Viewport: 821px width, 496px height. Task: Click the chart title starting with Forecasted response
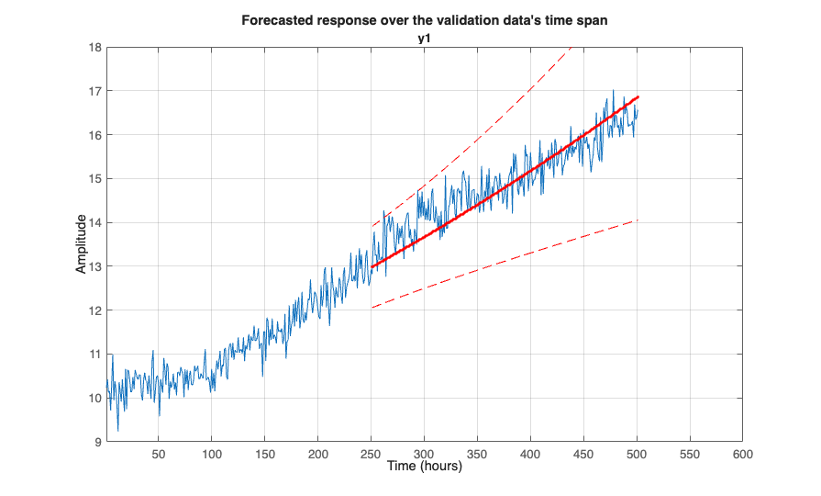[424, 20]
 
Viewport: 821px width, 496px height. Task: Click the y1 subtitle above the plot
[424, 37]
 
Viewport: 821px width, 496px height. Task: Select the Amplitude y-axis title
[82, 244]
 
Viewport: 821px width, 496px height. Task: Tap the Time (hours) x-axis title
[424, 466]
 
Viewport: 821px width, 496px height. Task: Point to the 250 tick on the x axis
[372, 454]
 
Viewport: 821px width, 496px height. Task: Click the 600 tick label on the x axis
[743, 454]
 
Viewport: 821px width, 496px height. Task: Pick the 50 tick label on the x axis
[159, 454]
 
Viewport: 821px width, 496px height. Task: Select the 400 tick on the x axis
[530, 454]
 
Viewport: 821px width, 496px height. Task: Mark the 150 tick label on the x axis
[265, 454]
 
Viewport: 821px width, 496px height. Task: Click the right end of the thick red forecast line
[638, 96]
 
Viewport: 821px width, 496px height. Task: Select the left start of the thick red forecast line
[372, 266]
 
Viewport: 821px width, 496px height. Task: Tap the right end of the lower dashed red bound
[638, 220]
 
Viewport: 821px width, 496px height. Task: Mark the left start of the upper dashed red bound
[372, 226]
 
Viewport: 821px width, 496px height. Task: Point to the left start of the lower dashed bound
[372, 308]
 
